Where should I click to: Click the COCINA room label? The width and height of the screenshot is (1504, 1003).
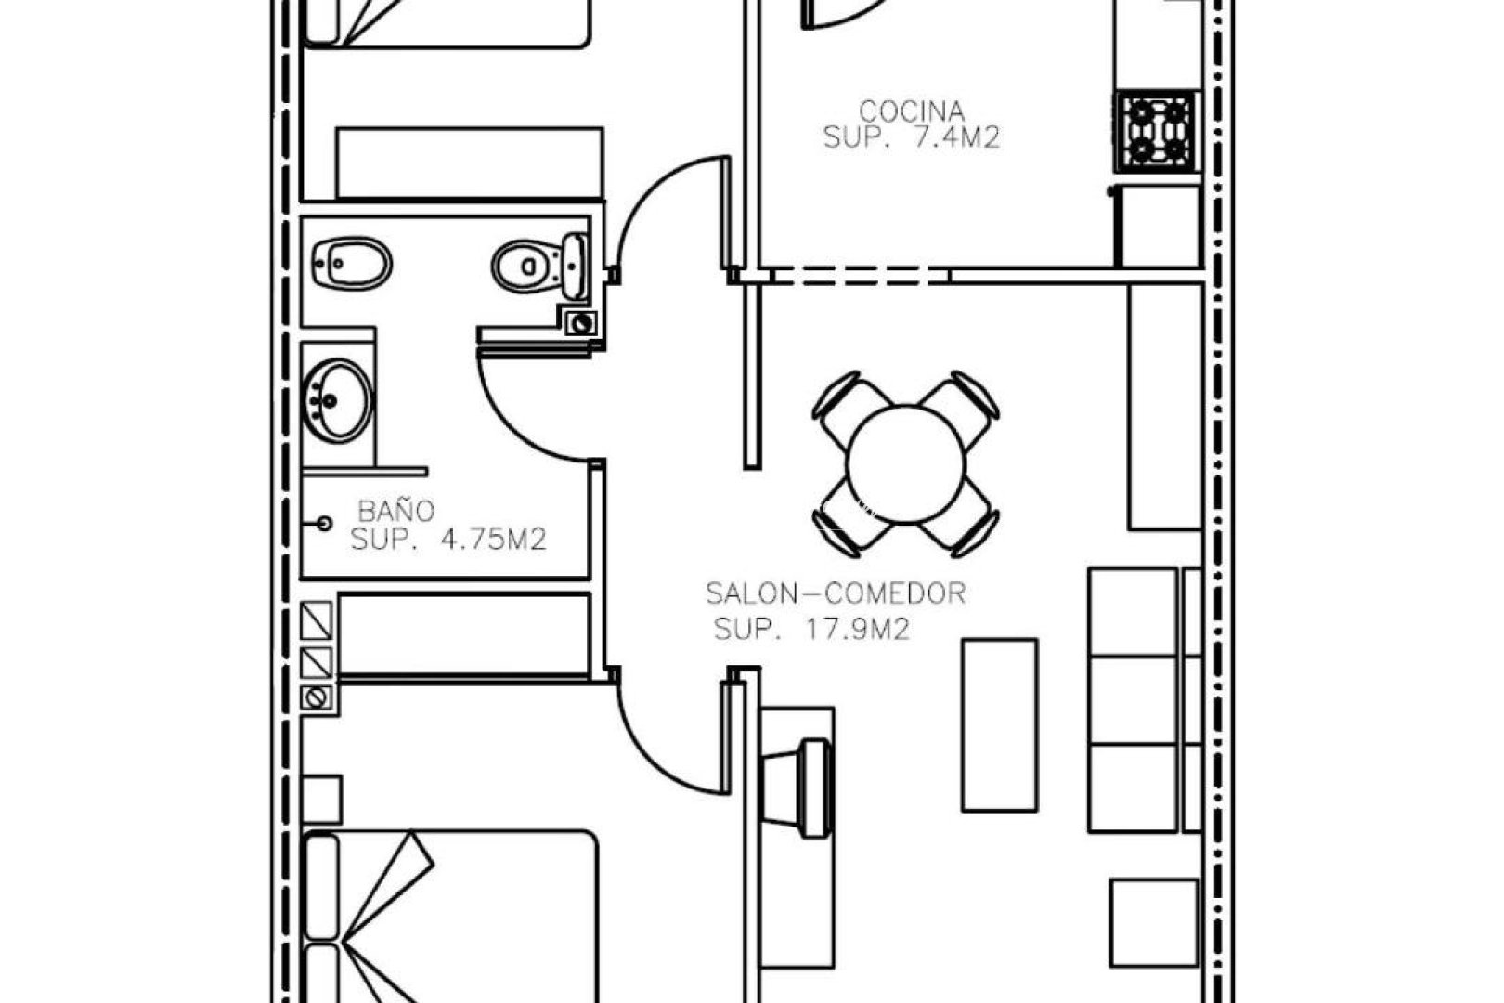[911, 111]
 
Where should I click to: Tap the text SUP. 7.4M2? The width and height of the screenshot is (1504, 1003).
[911, 138]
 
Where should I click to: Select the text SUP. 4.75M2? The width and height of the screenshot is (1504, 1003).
[447, 540]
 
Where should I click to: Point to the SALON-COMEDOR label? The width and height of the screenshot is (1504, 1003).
[835, 593]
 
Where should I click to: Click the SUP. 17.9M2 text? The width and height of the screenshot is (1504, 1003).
[811, 630]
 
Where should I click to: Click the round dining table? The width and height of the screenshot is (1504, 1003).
[906, 462]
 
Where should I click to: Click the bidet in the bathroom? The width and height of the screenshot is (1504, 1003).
[351, 263]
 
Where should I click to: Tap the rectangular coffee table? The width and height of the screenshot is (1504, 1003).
[999, 725]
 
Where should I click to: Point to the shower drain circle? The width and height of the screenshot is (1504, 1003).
[324, 524]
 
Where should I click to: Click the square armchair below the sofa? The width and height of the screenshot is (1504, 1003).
[1154, 923]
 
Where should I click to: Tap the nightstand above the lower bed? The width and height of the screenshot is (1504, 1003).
[321, 800]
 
